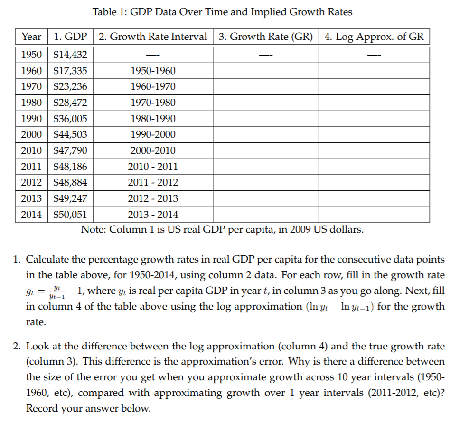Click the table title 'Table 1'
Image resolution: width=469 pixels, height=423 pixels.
[111, 12]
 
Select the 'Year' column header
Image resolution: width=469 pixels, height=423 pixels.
[32, 37]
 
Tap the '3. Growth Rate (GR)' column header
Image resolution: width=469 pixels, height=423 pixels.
[266, 37]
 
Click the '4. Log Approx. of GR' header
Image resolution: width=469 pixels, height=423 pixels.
[374, 37]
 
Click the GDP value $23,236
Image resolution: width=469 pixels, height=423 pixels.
[70, 86]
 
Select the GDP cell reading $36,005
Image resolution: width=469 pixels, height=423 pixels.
[70, 118]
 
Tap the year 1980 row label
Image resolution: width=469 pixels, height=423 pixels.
[32, 103]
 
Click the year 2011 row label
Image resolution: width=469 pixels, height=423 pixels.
[32, 166]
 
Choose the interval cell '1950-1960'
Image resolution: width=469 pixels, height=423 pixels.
[153, 71]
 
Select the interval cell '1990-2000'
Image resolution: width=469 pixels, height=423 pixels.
[153, 134]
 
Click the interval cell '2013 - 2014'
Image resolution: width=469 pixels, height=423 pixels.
[153, 214]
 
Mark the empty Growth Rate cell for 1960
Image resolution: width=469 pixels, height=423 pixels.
[266, 71]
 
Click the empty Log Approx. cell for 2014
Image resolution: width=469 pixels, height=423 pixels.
[374, 214]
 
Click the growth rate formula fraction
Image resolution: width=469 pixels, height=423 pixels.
[56, 291]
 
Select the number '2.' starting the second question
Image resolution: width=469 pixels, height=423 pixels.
[17, 347]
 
